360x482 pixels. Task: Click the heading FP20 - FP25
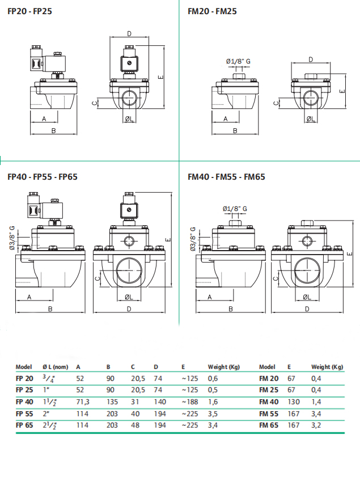[x=29, y=11]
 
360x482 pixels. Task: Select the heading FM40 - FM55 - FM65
[x=226, y=176]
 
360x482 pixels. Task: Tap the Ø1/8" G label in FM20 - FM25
[x=238, y=61]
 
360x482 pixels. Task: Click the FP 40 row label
[x=24, y=401]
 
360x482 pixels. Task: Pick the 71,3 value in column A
[x=82, y=401]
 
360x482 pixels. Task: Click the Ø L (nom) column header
[x=55, y=367]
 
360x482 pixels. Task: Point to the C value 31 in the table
[x=134, y=401]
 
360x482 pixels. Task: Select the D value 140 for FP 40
[x=159, y=401]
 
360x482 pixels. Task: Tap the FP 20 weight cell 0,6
[x=213, y=378]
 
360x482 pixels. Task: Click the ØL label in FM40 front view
[x=306, y=298]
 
